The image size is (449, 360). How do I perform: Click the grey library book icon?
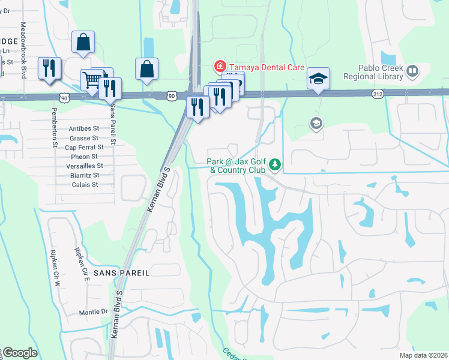pos(412,73)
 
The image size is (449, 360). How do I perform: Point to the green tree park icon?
pos(275,164)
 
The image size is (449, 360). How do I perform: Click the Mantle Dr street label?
pos(93,313)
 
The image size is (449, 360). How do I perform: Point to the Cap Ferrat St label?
pos(84,147)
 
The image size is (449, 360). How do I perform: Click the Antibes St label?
pos(83,128)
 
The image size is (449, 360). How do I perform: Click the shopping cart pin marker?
pos(91,79)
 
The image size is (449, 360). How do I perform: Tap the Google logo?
pos(19,353)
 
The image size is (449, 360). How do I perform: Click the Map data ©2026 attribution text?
pos(424,355)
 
